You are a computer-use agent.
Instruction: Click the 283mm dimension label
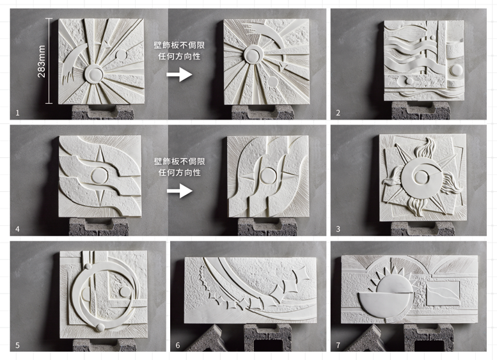point(42,61)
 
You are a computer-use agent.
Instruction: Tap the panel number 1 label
point(17,113)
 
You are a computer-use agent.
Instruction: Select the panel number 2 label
point(338,113)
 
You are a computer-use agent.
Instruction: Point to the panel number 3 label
point(338,229)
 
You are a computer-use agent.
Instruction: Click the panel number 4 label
point(17,229)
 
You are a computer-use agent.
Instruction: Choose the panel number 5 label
point(17,345)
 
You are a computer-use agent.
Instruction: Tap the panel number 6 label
point(178,345)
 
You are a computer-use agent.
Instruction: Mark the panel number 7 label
point(338,345)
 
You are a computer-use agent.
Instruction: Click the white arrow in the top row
point(179,75)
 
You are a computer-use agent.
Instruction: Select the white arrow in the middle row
point(179,191)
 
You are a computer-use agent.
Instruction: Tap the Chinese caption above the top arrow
point(179,51)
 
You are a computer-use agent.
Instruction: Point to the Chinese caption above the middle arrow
point(179,167)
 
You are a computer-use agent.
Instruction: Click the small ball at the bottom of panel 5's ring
point(100,327)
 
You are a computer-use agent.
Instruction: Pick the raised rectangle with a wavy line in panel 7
point(443,293)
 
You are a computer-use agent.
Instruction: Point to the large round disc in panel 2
point(456,70)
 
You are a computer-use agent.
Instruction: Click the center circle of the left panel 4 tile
point(99,175)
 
